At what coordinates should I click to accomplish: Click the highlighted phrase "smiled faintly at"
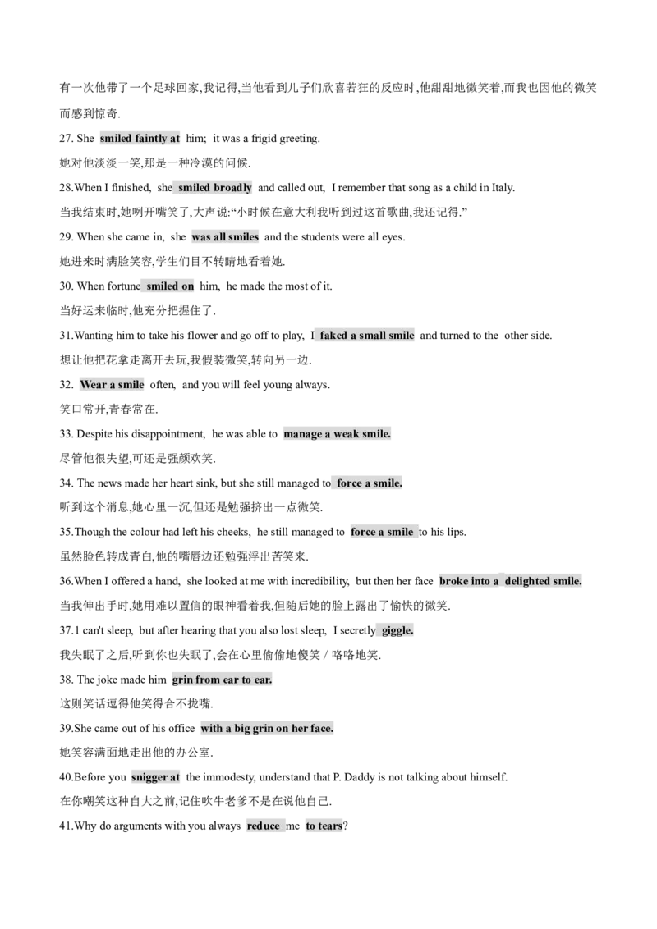click(x=140, y=139)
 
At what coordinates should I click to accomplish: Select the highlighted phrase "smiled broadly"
click(x=215, y=188)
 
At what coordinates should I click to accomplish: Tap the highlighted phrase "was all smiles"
click(x=225, y=237)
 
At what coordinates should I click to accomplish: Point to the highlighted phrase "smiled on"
click(x=170, y=286)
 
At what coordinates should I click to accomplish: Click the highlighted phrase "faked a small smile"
click(x=367, y=336)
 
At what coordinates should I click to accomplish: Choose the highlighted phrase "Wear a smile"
click(x=112, y=385)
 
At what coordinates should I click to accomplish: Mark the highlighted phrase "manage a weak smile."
click(x=337, y=433)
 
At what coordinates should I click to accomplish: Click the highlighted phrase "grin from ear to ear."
click(x=223, y=680)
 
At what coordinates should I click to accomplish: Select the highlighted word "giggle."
click(x=397, y=630)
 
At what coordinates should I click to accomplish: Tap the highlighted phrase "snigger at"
click(x=155, y=777)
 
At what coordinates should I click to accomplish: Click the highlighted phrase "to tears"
click(x=324, y=826)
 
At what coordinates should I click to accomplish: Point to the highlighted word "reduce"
click(x=264, y=826)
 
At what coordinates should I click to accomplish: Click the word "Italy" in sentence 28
click(x=502, y=188)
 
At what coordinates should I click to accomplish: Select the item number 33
click(x=66, y=433)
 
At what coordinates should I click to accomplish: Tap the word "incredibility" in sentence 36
click(x=318, y=581)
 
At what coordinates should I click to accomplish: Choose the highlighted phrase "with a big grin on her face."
click(x=267, y=728)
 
